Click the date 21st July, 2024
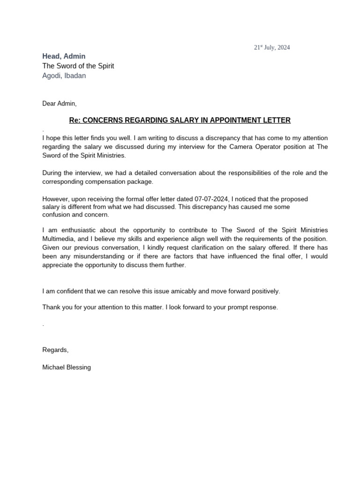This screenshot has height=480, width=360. point(272,47)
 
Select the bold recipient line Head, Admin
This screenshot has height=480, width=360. point(64,56)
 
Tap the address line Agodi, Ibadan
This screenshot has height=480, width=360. point(64,75)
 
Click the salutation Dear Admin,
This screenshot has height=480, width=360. point(59,103)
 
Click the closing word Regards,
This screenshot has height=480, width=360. point(55,350)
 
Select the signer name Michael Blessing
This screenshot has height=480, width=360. point(67,367)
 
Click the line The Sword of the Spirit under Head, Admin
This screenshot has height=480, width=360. point(78,66)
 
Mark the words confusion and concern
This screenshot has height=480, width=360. point(75,215)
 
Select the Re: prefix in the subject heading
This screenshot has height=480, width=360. point(75,120)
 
